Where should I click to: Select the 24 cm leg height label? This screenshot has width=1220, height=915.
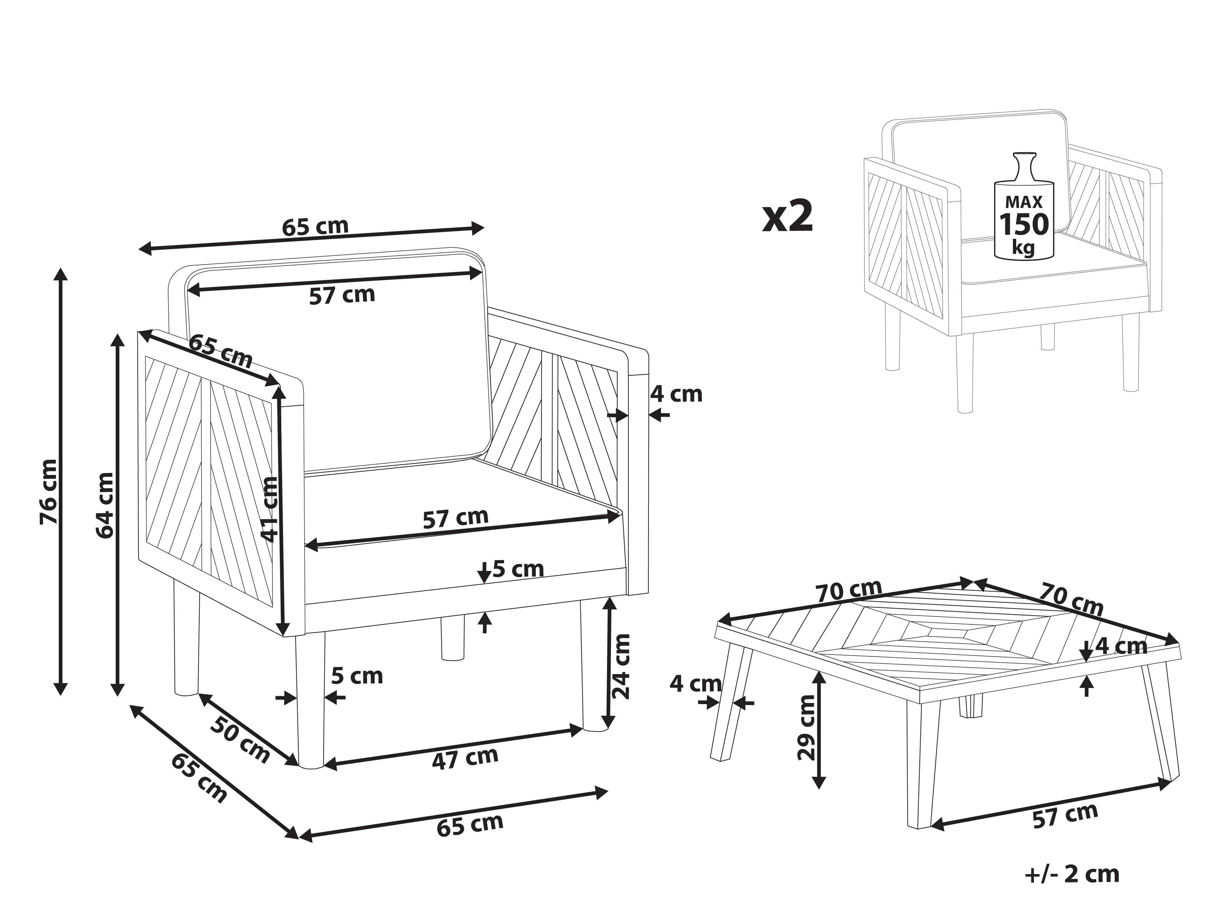(x=621, y=666)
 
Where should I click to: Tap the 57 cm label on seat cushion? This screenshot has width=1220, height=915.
(x=456, y=518)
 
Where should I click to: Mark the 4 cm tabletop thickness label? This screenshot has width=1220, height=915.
(x=1121, y=646)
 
